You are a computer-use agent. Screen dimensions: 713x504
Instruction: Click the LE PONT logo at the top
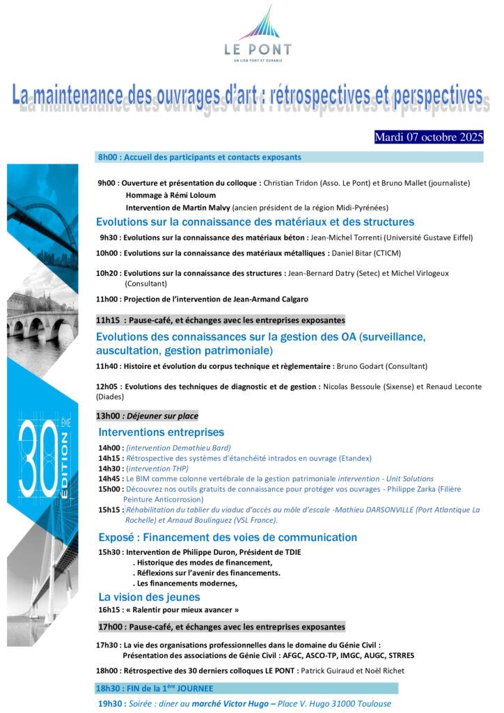point(258,34)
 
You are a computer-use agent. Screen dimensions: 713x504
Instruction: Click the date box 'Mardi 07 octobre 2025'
point(428,137)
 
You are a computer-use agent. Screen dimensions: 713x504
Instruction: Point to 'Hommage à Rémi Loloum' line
point(171,195)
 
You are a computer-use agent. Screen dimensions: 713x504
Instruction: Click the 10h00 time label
point(107,253)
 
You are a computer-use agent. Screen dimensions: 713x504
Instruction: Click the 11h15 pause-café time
point(108,320)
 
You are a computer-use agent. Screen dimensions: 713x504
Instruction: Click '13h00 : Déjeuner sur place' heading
point(147,416)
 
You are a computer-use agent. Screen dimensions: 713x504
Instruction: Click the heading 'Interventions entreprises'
point(161,432)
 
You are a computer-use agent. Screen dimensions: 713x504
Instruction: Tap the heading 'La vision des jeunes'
point(149,597)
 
